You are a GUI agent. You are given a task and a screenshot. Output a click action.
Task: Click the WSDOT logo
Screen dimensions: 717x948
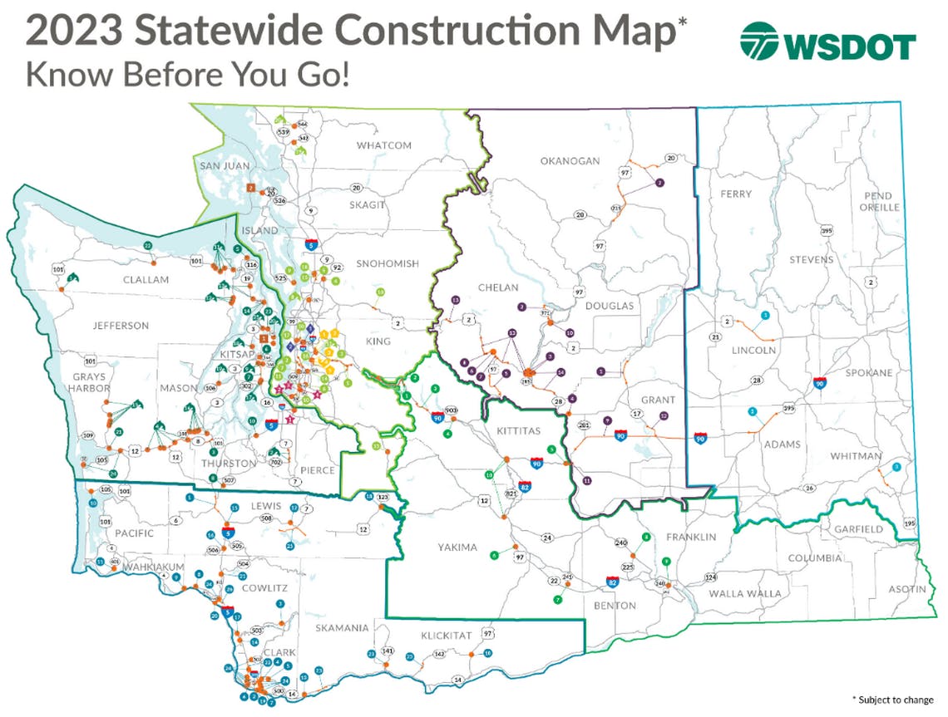(x=827, y=42)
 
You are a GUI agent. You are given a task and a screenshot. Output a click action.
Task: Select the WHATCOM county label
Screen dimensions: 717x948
(x=384, y=145)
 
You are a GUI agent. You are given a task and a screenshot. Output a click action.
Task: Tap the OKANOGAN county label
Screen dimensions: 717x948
(x=570, y=161)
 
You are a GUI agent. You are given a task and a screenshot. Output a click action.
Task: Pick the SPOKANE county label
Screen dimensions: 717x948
(x=868, y=373)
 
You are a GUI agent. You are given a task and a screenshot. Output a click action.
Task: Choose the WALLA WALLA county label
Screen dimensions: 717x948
(x=745, y=593)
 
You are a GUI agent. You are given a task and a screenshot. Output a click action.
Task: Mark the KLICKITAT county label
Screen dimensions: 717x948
(x=446, y=636)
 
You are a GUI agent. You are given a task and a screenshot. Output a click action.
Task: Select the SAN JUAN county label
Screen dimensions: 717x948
(x=225, y=166)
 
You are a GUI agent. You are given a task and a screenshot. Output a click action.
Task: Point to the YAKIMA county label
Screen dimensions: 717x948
(x=457, y=548)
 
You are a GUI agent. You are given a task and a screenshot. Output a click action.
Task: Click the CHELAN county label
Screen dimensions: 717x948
(x=498, y=287)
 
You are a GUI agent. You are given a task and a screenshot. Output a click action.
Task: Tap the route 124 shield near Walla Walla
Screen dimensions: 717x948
(x=710, y=577)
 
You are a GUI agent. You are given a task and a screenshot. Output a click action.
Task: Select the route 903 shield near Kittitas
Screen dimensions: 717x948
(x=452, y=410)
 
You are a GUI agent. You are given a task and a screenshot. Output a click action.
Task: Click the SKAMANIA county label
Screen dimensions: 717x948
(x=342, y=628)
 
